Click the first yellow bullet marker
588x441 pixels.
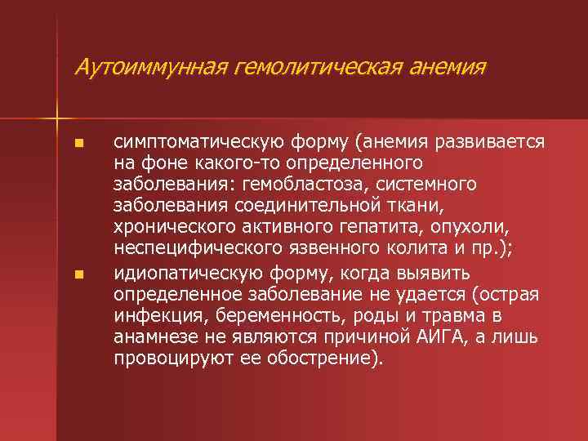click(78, 144)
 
